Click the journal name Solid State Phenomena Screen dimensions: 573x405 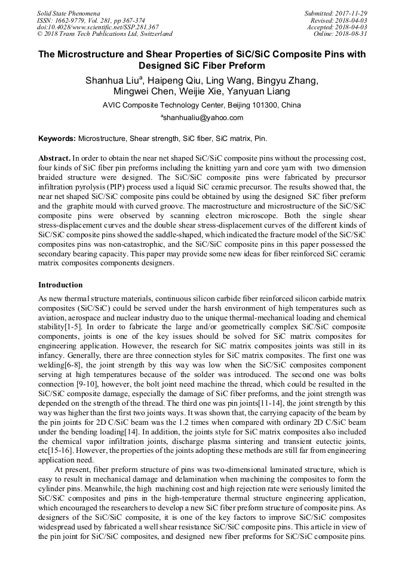pos(68,13)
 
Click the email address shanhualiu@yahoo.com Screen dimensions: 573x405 pos(202,118)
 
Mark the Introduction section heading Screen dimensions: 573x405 pos(60,285)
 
